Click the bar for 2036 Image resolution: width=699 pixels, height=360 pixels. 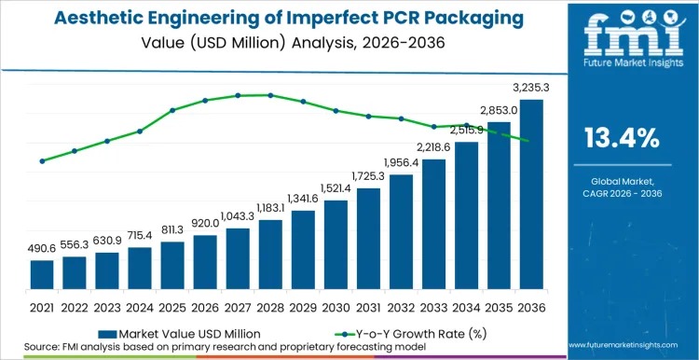tap(531, 195)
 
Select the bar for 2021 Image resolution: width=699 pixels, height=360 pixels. tap(42, 275)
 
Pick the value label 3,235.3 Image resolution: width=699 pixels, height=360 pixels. tap(531, 88)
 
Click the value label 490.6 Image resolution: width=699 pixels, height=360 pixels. tap(42, 248)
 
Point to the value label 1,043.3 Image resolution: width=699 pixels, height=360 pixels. tap(238, 215)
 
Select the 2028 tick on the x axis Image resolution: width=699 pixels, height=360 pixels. tap(270, 306)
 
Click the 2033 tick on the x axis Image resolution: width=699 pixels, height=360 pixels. tap(433, 306)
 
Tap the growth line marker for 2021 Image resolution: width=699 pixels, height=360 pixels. tap(42, 160)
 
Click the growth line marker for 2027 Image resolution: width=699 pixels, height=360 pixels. tap(238, 95)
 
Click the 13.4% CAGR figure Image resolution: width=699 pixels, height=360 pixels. tap(621, 139)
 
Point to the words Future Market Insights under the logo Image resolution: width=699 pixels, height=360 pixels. tap(621, 66)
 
